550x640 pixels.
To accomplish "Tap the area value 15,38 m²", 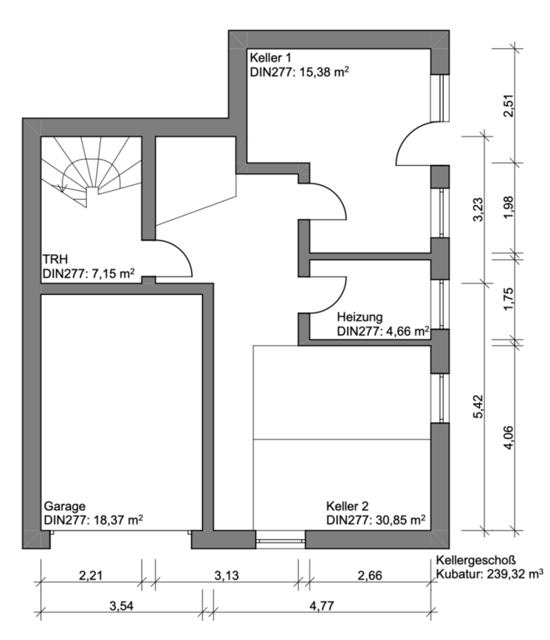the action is point(325,72).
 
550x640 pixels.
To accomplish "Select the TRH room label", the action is point(55,259).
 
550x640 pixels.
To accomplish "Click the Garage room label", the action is point(64,506).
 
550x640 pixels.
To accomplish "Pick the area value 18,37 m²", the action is point(119,520).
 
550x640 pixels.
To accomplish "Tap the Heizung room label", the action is point(360,317).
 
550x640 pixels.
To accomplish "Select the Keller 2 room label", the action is point(347,506).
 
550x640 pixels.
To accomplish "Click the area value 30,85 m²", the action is point(401,520).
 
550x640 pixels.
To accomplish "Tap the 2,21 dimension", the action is point(91,576).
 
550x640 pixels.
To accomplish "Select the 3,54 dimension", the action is point(122,605).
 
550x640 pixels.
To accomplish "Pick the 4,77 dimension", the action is point(322,605).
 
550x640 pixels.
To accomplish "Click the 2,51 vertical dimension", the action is point(508,106).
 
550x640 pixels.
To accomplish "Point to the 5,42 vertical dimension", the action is point(478,407).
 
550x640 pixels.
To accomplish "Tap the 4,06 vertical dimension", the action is point(508,437).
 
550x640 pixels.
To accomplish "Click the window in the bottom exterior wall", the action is point(280,540).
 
